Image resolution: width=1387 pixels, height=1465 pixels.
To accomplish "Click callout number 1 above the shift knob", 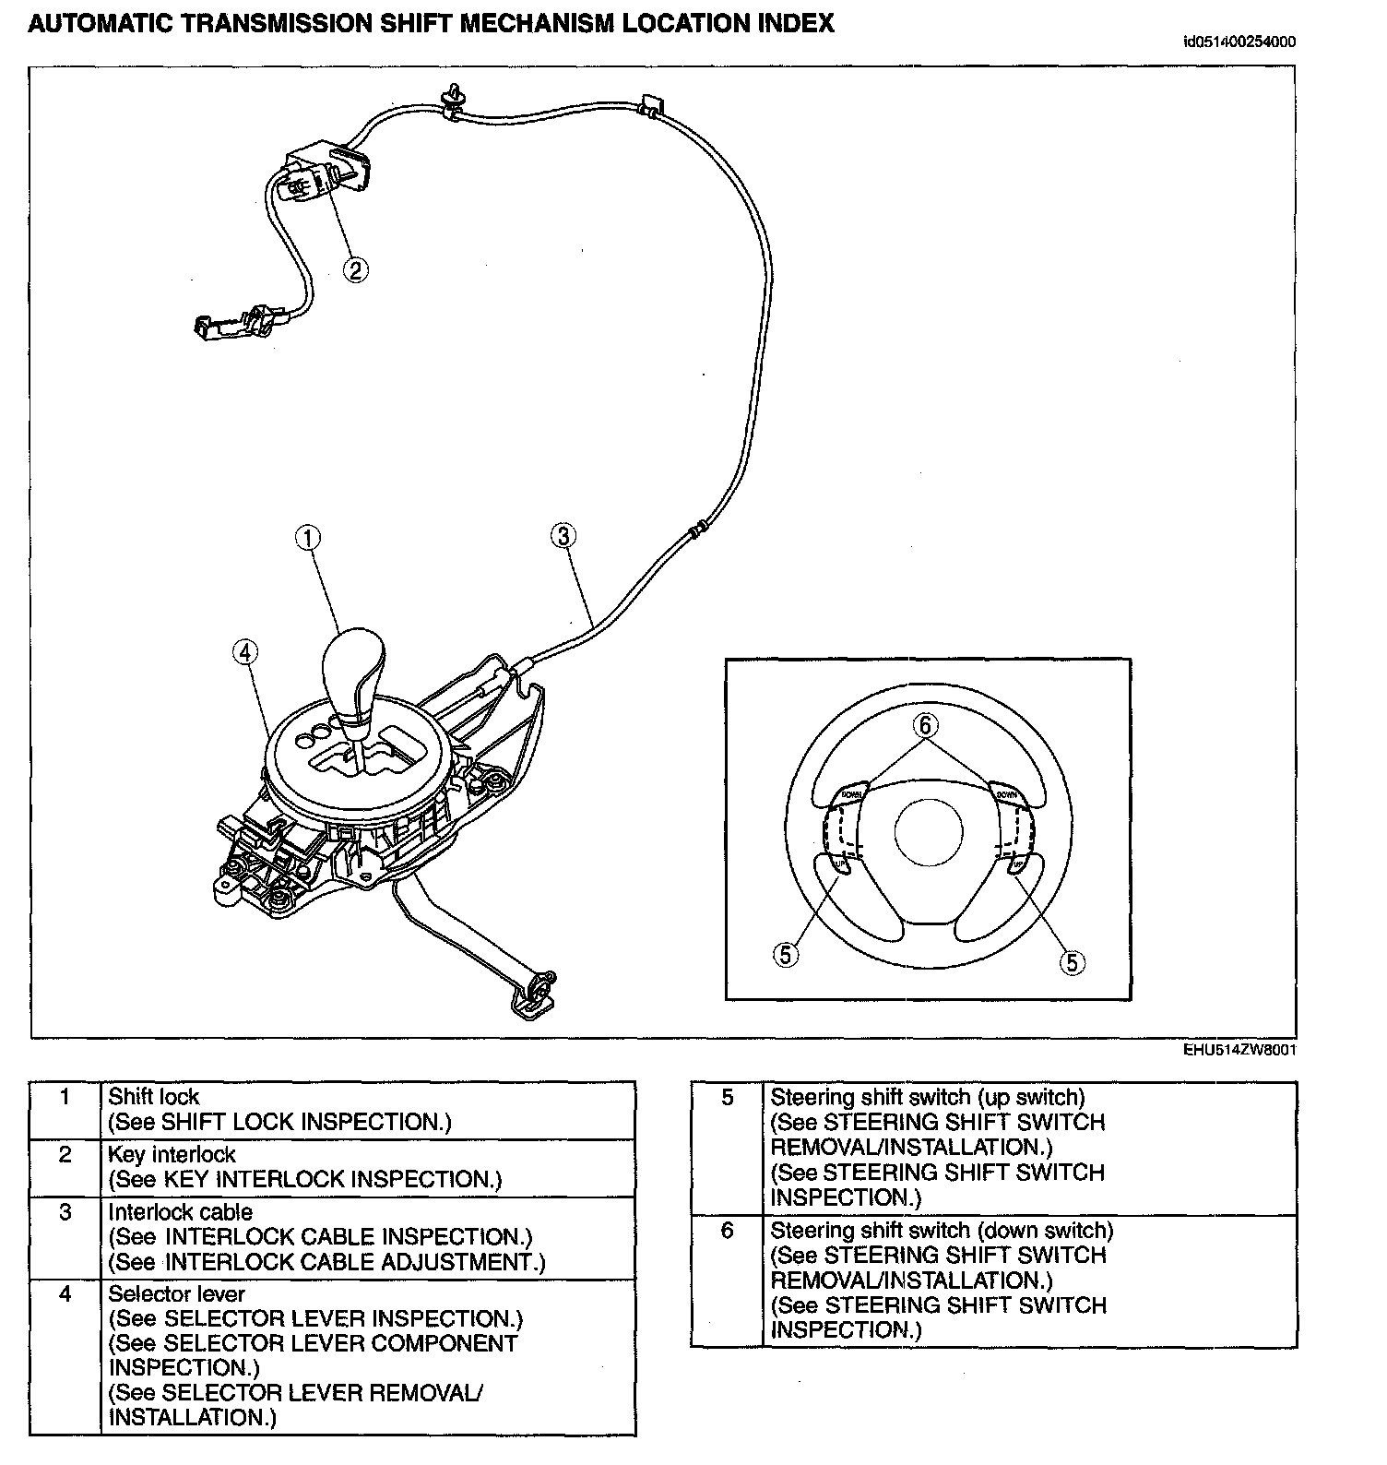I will [x=308, y=537].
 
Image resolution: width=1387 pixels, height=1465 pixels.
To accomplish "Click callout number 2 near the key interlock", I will [x=355, y=269].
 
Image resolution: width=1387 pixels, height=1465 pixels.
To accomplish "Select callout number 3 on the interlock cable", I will [x=563, y=535].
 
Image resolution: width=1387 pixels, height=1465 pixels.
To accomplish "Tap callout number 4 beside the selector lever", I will [x=244, y=652].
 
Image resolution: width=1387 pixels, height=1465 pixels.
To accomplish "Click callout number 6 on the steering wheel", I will [x=925, y=725].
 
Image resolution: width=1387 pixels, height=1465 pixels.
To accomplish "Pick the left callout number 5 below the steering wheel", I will [x=786, y=955].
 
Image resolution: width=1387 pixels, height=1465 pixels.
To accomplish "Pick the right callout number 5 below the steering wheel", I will [x=1071, y=962].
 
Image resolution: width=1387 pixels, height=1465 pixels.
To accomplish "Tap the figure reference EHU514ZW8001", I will [x=1240, y=1049].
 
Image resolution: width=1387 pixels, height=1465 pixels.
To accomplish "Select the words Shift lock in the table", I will [x=153, y=1097].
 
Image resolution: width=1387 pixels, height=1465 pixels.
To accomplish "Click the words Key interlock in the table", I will [x=172, y=1154].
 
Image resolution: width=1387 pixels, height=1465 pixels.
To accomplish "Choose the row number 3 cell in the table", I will [x=65, y=1212].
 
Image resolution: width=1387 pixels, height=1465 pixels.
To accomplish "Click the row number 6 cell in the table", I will [x=727, y=1231].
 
